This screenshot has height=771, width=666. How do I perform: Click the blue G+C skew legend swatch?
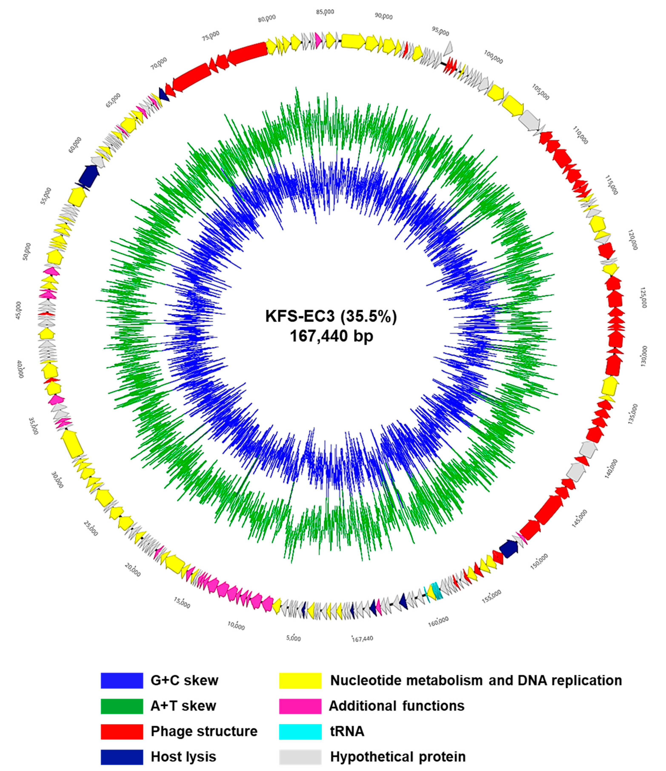point(121,681)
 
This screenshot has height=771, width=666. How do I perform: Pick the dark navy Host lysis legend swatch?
point(121,757)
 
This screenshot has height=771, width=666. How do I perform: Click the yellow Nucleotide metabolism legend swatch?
point(300,681)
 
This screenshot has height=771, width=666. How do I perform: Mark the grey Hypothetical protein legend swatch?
point(300,757)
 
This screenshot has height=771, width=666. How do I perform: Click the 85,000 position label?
point(325,12)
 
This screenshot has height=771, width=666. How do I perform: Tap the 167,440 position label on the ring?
point(362,639)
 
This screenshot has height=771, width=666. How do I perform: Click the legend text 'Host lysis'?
point(183,757)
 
